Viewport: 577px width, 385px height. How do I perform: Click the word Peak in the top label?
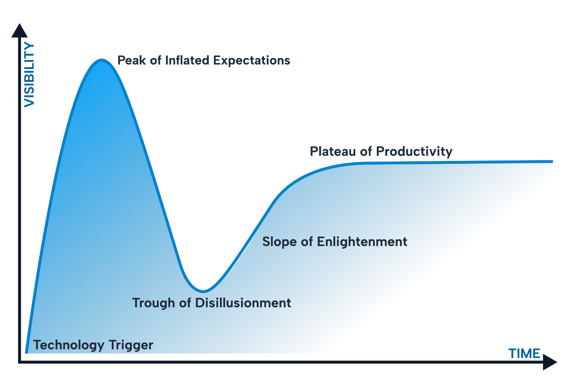tap(132, 60)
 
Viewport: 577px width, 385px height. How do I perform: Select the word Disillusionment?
tap(243, 303)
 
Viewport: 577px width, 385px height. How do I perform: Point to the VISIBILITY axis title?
tap(29, 75)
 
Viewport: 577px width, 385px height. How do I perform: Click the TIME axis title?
tap(524, 354)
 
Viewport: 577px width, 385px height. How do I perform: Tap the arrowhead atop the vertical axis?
tap(20, 31)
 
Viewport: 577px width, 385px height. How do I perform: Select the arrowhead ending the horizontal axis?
tap(550, 362)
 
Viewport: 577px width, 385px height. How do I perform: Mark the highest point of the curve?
tap(102, 60)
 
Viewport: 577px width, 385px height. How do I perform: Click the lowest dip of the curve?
tap(203, 291)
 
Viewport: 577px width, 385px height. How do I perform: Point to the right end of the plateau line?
tap(552, 161)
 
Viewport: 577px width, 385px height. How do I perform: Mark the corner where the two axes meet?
tap(20, 362)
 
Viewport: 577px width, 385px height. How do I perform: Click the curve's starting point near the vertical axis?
tap(27, 352)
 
